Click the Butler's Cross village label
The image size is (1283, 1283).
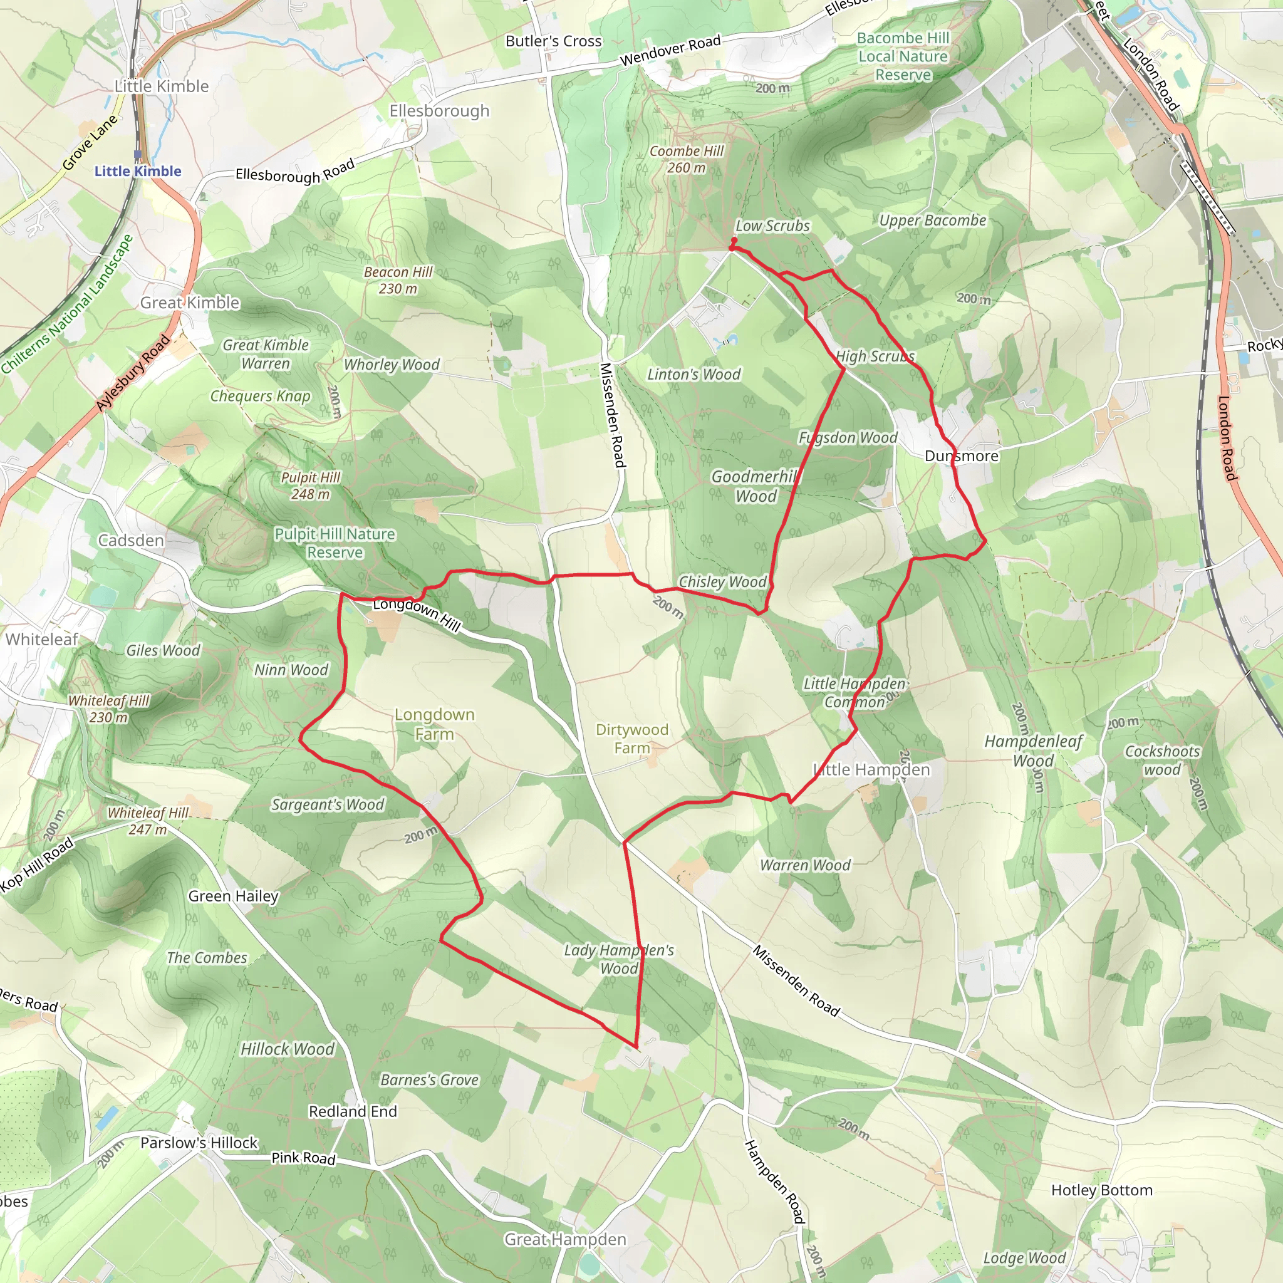pos(553,41)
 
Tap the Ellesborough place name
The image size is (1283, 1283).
pos(439,111)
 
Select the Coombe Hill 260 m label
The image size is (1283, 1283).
pos(686,159)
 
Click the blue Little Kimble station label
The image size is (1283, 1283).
pos(137,170)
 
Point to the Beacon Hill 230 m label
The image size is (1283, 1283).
pos(398,280)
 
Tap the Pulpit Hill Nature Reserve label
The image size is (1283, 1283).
pos(335,543)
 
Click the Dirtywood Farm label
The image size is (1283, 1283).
pos(631,739)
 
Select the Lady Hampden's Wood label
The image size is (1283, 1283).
pos(619,959)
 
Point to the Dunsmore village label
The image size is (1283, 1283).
pos(961,456)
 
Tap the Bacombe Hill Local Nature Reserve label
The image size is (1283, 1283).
pos(903,56)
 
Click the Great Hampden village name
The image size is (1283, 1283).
pos(565,1239)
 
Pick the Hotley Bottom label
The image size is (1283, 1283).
pos(1102,1190)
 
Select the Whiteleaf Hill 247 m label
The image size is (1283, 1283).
pos(148,821)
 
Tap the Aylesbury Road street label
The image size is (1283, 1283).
pos(133,374)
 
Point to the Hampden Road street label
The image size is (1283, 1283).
pos(774,1182)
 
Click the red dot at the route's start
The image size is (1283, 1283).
pos(734,241)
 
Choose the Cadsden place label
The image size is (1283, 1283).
pos(131,540)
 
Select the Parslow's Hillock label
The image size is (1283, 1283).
pos(199,1142)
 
